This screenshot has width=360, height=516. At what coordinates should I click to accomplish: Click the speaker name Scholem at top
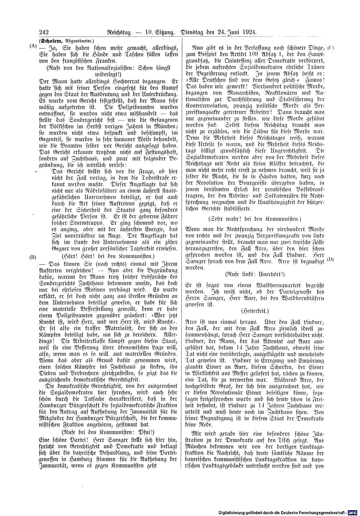pyautogui.click(x=50, y=41)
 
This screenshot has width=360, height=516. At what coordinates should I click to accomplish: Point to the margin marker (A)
pyautogui.click(x=32, y=46)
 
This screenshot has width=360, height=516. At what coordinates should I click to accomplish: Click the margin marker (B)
pyautogui.click(x=33, y=257)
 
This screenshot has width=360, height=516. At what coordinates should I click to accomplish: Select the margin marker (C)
pyautogui.click(x=331, y=47)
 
